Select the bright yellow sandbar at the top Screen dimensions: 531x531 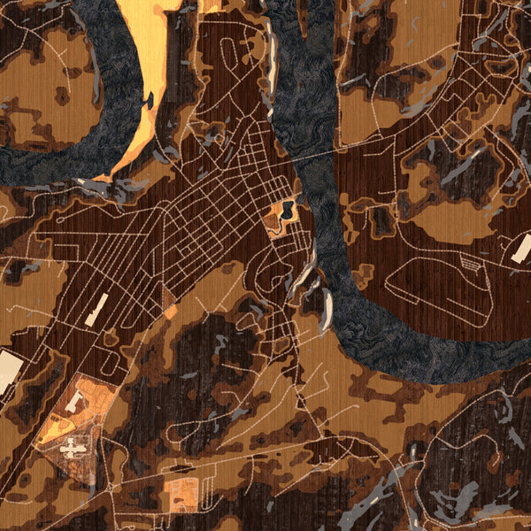point(155,53)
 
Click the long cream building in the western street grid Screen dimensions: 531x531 point(96,309)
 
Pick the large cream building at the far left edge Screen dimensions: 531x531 point(9,367)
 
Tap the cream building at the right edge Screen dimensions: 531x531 point(521,249)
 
